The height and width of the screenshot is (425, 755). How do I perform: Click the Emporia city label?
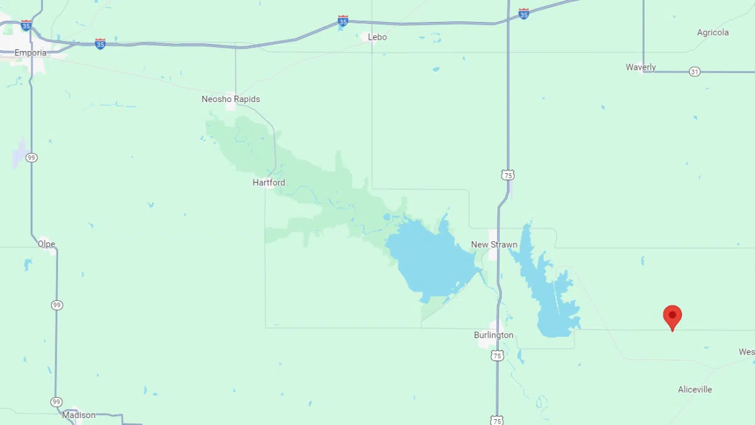(x=30, y=53)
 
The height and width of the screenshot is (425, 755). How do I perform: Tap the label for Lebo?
(x=377, y=37)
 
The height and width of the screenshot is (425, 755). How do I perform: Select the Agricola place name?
(x=713, y=33)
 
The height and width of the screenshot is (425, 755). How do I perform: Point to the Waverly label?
(x=640, y=67)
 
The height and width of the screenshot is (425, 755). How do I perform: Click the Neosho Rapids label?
(x=230, y=99)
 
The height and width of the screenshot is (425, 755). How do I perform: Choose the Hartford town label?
(x=269, y=183)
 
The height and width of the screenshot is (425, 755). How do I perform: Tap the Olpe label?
(x=46, y=244)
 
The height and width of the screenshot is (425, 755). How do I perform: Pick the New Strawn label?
(x=494, y=245)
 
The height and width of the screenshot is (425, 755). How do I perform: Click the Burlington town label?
(x=493, y=336)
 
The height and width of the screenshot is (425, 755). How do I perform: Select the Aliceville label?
(x=695, y=390)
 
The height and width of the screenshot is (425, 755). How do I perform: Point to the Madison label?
(x=79, y=415)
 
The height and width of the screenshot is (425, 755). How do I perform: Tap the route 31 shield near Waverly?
(x=694, y=72)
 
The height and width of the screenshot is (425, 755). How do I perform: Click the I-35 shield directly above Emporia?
(x=26, y=26)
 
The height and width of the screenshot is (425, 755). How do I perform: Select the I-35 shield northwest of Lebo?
(x=343, y=21)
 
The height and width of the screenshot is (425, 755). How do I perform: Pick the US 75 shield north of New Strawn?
(x=508, y=175)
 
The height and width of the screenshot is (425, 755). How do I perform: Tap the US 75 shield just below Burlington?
(x=497, y=356)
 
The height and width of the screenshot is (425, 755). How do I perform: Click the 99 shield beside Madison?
(x=57, y=402)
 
